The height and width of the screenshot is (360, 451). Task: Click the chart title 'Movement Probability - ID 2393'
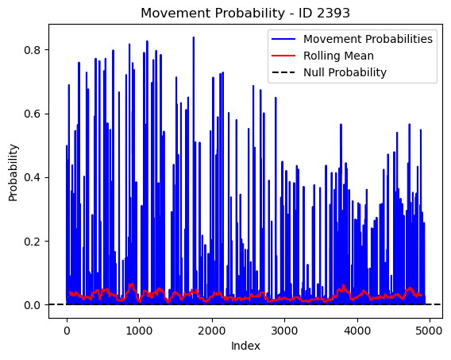coord(245,13)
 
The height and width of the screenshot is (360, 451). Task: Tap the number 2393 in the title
coord(333,13)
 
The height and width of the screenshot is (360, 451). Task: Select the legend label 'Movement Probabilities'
coord(368,39)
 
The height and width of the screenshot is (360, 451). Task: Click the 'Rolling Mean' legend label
coord(338,56)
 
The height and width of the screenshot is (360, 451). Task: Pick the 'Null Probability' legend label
coord(345,72)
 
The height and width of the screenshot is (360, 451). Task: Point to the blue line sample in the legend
coord(283,39)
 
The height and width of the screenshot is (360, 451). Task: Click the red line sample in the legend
coord(283,56)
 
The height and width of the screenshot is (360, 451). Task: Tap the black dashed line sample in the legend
coord(283,72)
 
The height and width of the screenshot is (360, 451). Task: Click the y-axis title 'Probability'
coord(13,172)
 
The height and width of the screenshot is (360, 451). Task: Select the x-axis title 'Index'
coord(245,346)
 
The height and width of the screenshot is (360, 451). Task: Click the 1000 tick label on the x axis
coord(139,331)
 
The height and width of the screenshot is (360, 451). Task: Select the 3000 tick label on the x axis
coord(284,331)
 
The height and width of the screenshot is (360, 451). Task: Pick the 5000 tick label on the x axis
coord(430,331)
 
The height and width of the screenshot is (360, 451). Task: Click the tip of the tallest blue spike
coord(194,37)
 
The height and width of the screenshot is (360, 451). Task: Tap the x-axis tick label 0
coord(67,331)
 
